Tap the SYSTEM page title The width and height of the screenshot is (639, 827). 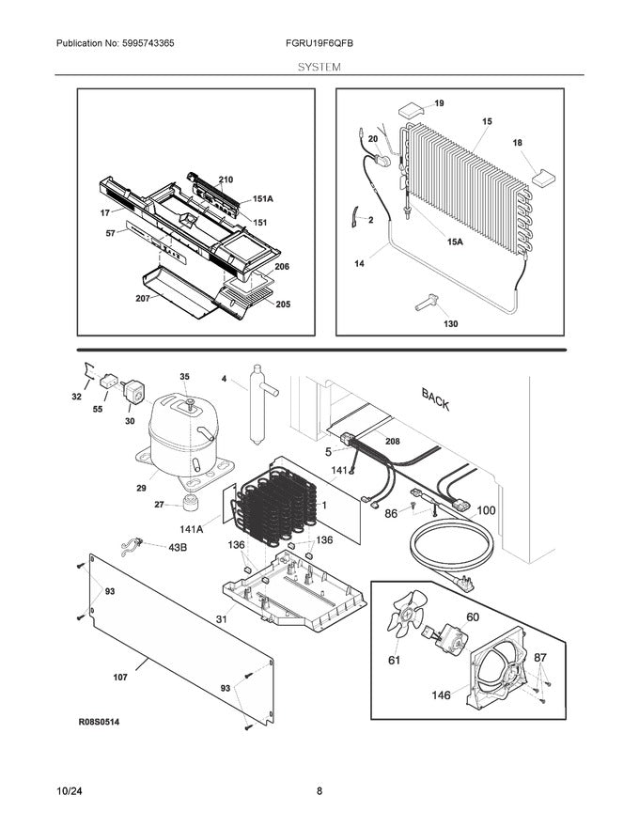point(319,68)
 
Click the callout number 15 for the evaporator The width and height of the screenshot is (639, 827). point(487,121)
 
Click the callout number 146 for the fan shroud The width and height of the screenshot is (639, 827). point(440,695)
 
